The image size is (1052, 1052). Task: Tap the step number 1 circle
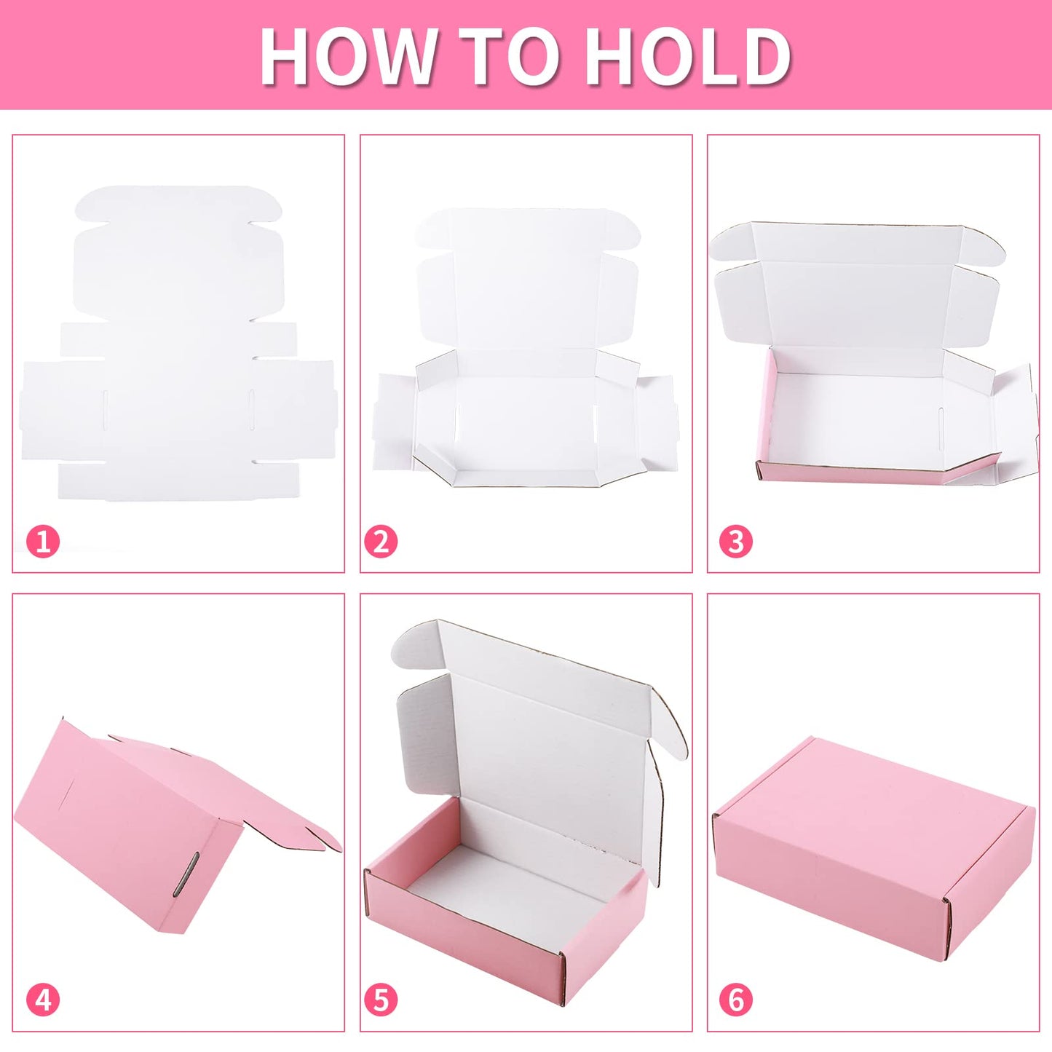(x=43, y=542)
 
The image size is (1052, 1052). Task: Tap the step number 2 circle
(x=381, y=542)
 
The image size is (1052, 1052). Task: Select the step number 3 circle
(x=736, y=542)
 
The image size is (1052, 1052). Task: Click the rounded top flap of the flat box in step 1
(x=178, y=205)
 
